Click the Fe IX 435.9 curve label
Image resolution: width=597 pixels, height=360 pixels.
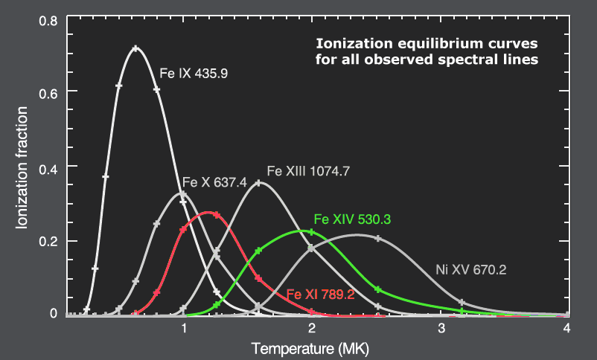(194, 74)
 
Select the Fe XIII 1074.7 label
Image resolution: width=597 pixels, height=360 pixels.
(308, 170)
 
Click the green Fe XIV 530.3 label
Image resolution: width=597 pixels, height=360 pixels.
(353, 219)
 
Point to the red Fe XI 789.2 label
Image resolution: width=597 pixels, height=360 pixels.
(320, 295)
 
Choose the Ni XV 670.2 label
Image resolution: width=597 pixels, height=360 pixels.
(470, 270)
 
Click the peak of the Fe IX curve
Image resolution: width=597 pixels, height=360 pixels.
(135, 48)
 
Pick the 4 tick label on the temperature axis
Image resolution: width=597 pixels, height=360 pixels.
(569, 328)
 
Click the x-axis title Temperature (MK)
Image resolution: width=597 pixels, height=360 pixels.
(310, 347)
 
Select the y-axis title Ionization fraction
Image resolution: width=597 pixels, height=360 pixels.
(22, 167)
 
